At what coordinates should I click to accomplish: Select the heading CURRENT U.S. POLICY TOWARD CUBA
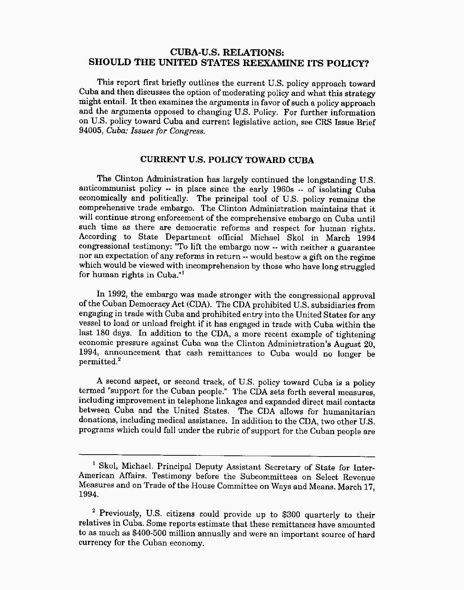click(x=227, y=160)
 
